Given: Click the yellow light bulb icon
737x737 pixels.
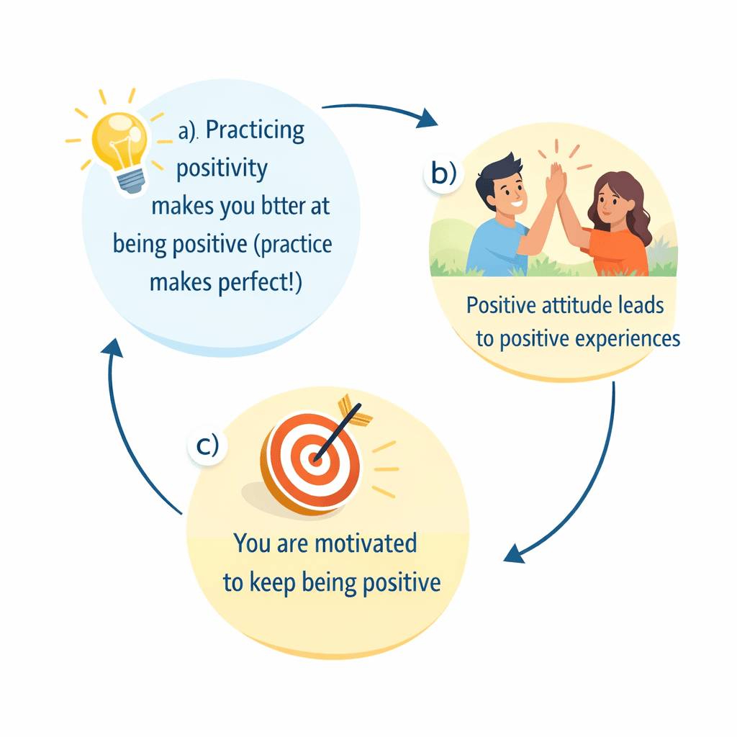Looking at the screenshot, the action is point(118,141).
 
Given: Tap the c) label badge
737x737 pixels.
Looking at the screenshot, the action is point(207,446).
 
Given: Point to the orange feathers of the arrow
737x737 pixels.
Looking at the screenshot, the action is point(354,408).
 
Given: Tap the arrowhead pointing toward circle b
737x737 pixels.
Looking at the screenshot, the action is point(429,119).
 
